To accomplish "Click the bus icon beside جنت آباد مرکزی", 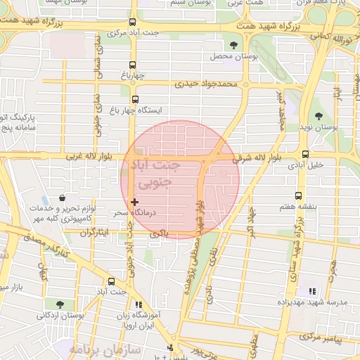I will click(x=134, y=22).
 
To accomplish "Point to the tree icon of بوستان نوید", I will click(x=319, y=115).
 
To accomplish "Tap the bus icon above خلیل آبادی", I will click(x=304, y=154).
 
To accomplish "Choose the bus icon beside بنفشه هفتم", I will click(x=299, y=196).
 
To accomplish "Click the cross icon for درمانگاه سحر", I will click(x=135, y=202).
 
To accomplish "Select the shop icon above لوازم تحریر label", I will click(x=64, y=198).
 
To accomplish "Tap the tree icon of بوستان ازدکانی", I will click(x=59, y=304).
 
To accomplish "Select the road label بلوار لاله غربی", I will click(x=89, y=156).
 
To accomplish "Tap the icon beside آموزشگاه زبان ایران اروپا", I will click(x=139, y=305).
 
